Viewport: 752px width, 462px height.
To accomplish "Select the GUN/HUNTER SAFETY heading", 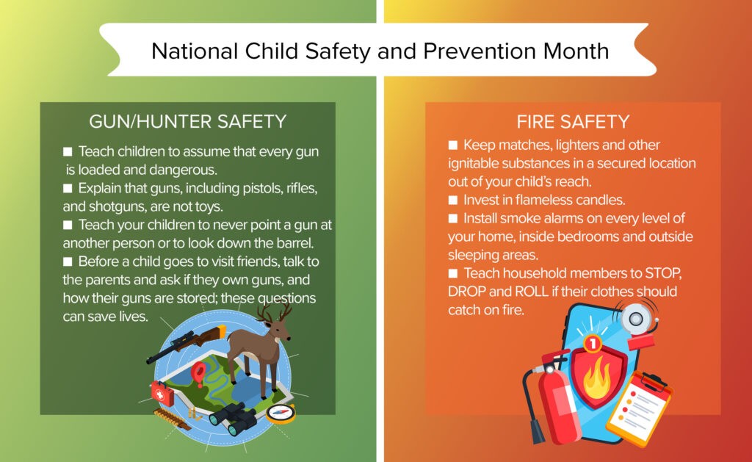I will pos(188,121).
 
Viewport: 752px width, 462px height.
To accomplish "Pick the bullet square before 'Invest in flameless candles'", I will pos(453,200).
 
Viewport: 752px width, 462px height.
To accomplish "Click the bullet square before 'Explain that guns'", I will pos(68,189).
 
